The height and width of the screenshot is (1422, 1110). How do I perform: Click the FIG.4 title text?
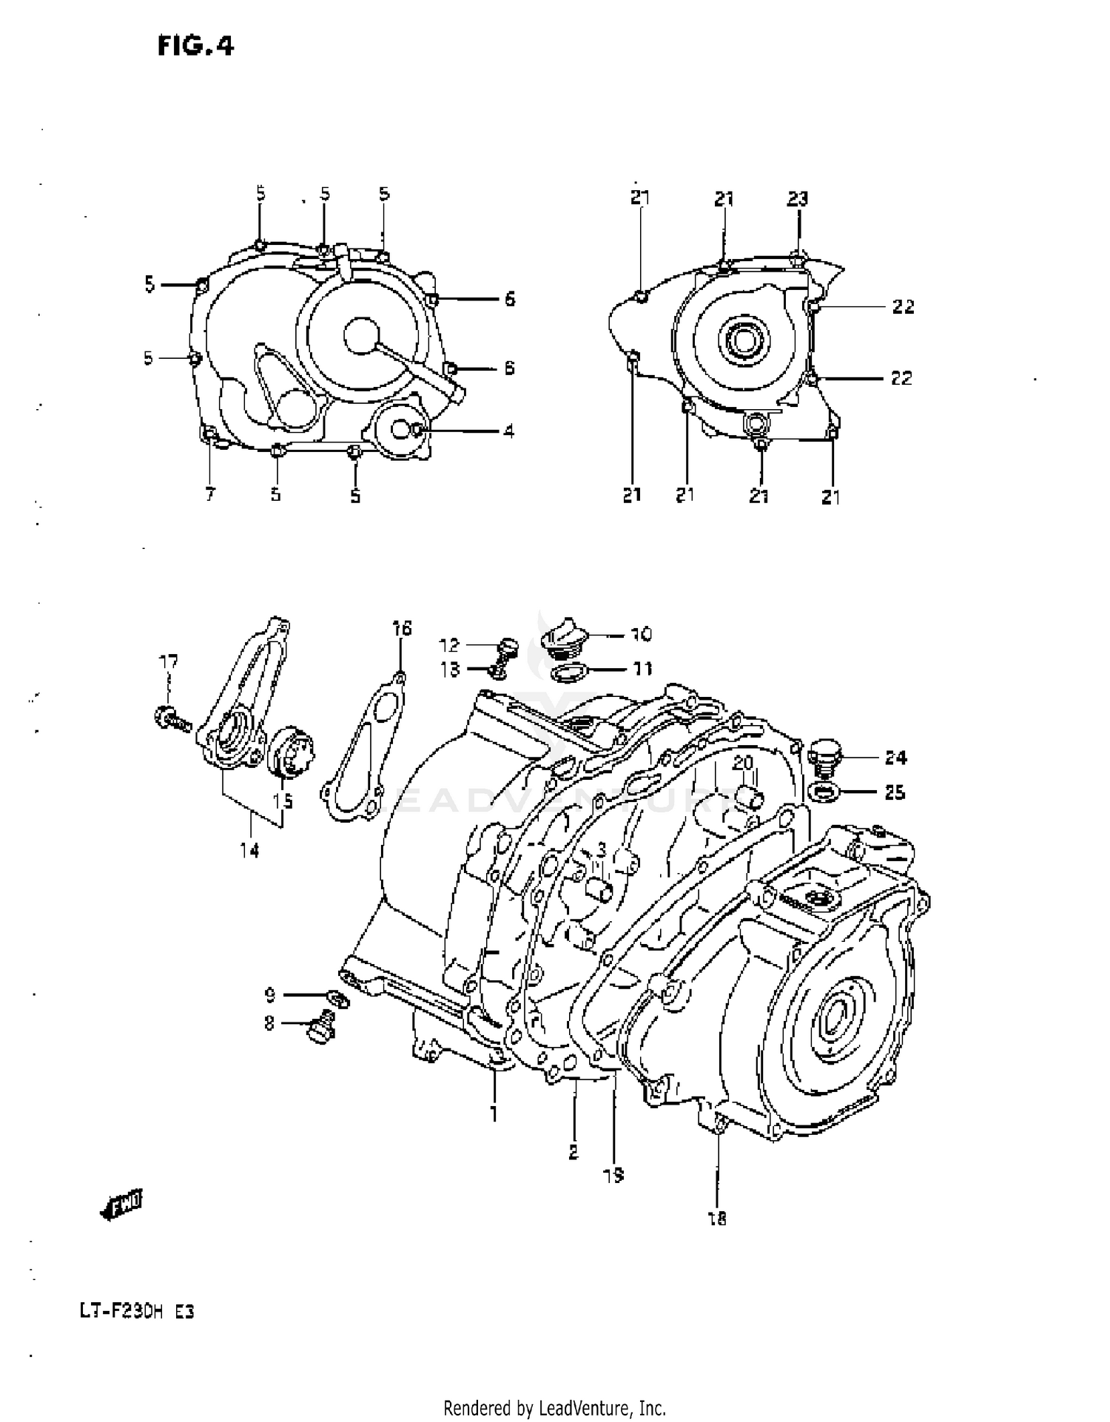point(195,47)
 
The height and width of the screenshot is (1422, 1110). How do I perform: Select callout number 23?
point(797,198)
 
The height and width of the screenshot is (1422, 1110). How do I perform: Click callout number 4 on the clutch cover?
point(509,431)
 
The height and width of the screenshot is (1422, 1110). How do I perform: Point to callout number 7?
point(210,494)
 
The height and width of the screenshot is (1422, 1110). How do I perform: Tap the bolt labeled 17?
point(171,717)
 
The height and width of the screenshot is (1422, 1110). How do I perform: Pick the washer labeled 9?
point(338,1000)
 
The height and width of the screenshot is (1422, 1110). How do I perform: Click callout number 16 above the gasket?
point(401,629)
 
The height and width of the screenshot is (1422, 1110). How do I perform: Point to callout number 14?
point(249,851)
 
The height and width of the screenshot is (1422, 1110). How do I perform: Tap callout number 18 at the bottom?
point(717,1219)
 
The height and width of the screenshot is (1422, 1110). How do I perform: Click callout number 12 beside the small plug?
point(449,645)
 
